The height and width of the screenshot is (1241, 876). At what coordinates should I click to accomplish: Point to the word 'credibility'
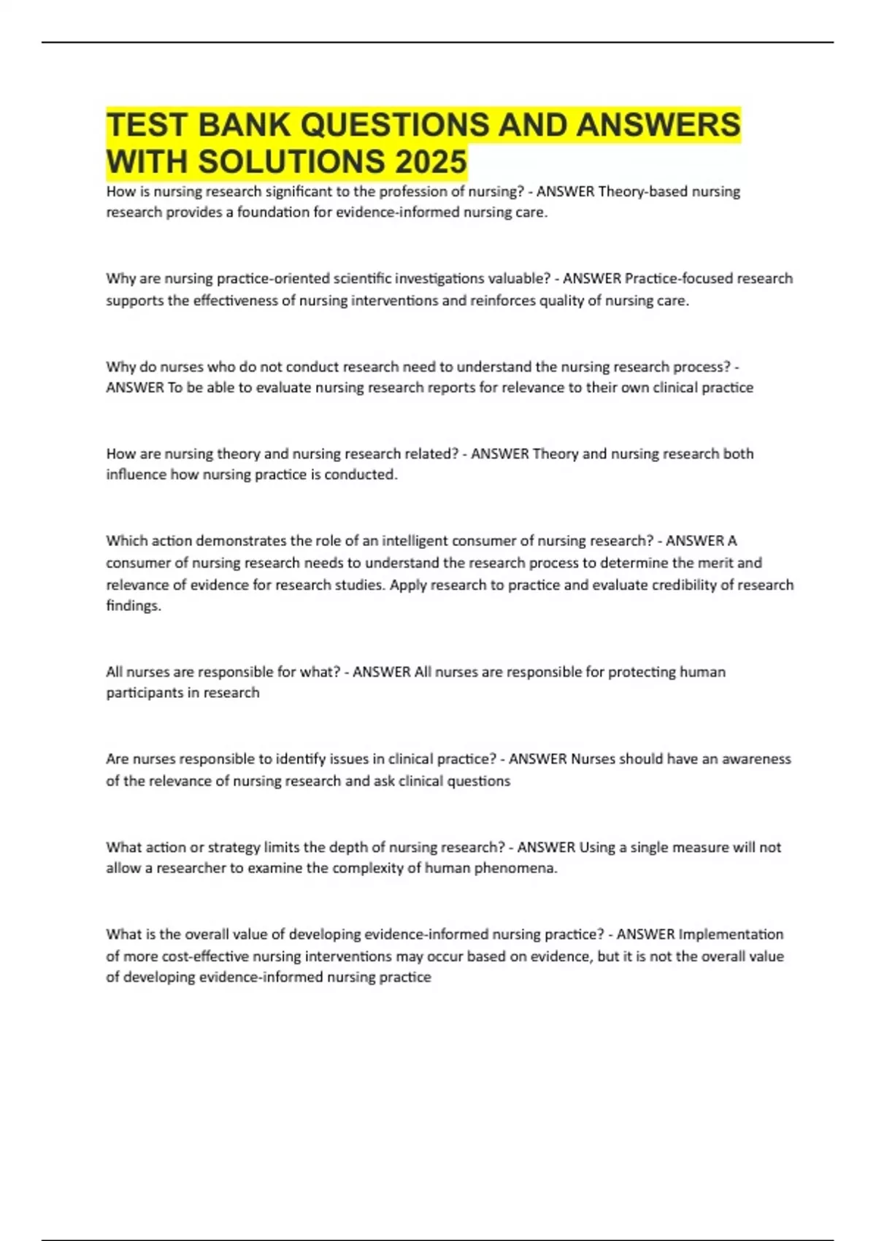point(681,585)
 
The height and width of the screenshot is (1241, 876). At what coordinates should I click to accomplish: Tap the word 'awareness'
point(756,759)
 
